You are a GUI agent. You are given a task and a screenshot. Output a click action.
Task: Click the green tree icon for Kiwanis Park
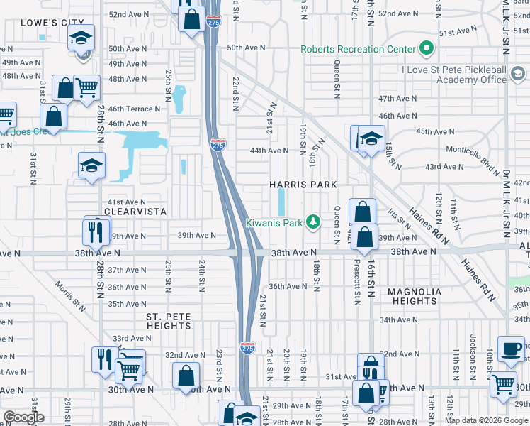pyautogui.click(x=312, y=223)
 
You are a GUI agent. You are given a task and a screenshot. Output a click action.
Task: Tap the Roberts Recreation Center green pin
pyautogui.click(x=426, y=49)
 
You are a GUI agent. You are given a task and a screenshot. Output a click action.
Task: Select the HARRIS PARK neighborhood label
pyautogui.click(x=303, y=185)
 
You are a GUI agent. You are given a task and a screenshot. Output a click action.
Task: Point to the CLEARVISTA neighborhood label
pyautogui.click(x=135, y=212)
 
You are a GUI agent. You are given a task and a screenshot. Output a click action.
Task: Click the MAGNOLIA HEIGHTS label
pyautogui.click(x=415, y=296)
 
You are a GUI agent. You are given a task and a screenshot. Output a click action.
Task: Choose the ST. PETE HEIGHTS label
pyautogui.click(x=169, y=321)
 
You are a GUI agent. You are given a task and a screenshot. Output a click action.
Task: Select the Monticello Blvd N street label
pyautogui.click(x=473, y=150)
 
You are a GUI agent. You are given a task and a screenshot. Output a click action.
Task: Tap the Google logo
pyautogui.click(x=23, y=417)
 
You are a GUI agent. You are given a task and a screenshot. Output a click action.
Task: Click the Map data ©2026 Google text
pyautogui.click(x=486, y=420)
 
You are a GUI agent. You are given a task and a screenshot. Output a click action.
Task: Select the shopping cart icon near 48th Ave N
pyautogui.click(x=86, y=88)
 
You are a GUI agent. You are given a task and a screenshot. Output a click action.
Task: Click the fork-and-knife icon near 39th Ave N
pyautogui.click(x=94, y=230)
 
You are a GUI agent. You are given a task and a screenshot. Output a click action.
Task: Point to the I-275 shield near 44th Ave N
pyautogui.click(x=218, y=145)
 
